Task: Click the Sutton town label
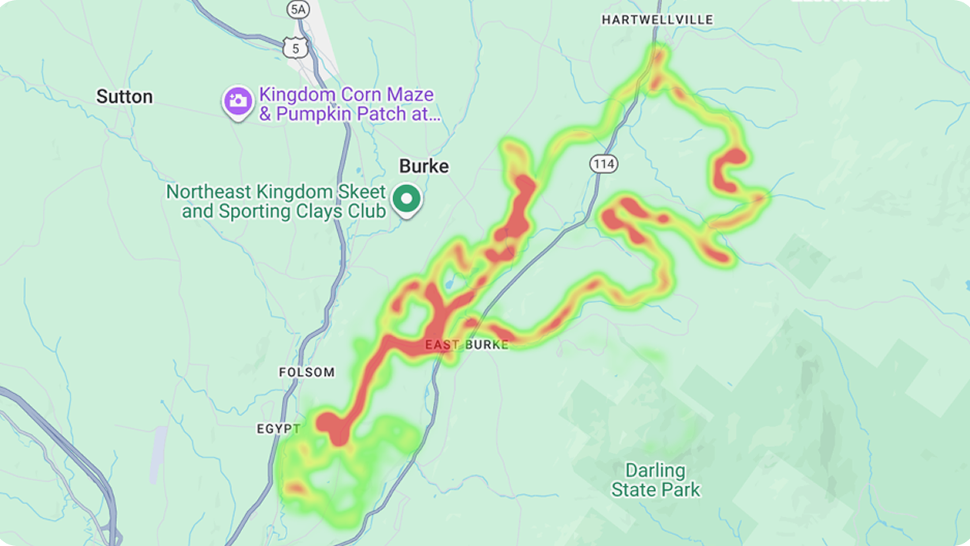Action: tap(124, 97)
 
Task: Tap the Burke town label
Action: tap(424, 166)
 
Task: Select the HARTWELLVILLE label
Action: tap(657, 20)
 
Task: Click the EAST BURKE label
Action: tap(466, 345)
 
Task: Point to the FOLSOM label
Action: tap(306, 372)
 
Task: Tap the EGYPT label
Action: tap(278, 429)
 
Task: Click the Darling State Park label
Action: tap(655, 480)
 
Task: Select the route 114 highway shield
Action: tap(603, 164)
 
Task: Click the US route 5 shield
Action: tap(294, 47)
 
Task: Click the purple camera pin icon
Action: tap(237, 101)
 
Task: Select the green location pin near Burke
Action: tap(407, 200)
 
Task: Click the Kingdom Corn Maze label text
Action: tap(347, 95)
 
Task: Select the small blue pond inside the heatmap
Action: tap(448, 282)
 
